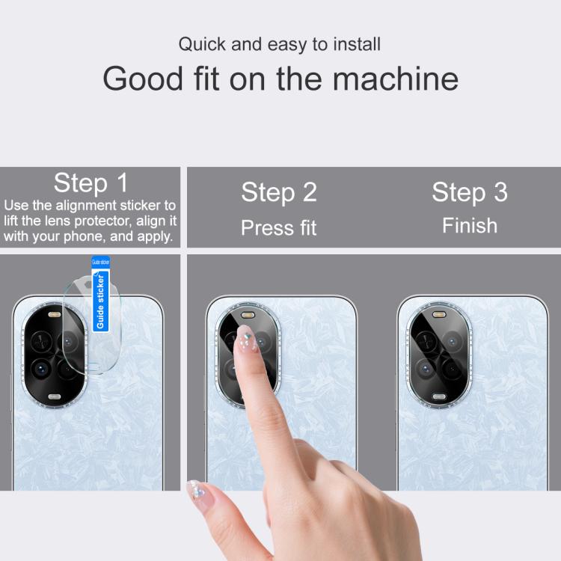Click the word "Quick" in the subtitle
(x=202, y=45)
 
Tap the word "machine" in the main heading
(x=396, y=79)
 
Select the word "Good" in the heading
(x=143, y=79)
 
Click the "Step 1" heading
(x=91, y=183)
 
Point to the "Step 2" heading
(x=279, y=192)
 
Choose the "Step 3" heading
(x=470, y=192)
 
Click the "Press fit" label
(x=279, y=228)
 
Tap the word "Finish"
(x=470, y=225)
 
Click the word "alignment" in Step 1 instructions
(x=86, y=206)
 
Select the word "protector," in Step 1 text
(x=103, y=221)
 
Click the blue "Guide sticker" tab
(x=100, y=294)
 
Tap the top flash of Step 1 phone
(x=55, y=315)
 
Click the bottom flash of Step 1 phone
(x=55, y=396)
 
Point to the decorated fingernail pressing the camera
(x=246, y=340)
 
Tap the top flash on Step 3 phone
(x=439, y=315)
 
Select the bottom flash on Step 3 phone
(x=439, y=396)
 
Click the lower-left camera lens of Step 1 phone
(x=41, y=370)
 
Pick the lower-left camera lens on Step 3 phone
(x=426, y=370)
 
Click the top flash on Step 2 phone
(x=248, y=315)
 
